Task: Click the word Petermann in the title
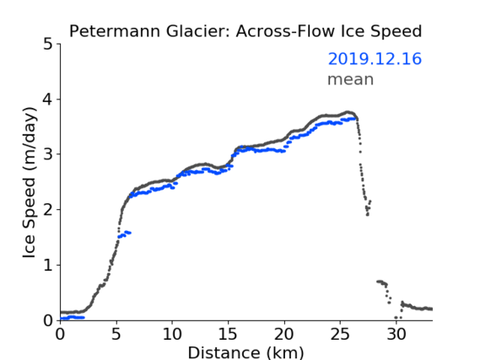[x=115, y=31]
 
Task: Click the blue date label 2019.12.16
[x=375, y=59]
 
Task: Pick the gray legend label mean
[x=351, y=79]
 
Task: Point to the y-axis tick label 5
[x=48, y=45]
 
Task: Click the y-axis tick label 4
[x=48, y=99]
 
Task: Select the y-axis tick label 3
[x=48, y=154]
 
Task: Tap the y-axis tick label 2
[x=48, y=210]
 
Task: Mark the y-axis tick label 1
[x=48, y=266]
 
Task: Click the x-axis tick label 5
[x=116, y=335]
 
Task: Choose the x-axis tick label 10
[x=172, y=335]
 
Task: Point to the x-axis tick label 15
[x=228, y=335]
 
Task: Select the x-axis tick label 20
[x=284, y=335]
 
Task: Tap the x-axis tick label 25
[x=340, y=335]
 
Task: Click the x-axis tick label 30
[x=396, y=335]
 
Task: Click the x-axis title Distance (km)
[x=245, y=352]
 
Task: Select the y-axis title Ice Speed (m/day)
[x=30, y=183]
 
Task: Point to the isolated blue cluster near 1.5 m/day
[x=124, y=234]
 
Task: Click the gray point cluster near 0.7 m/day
[x=382, y=282]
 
